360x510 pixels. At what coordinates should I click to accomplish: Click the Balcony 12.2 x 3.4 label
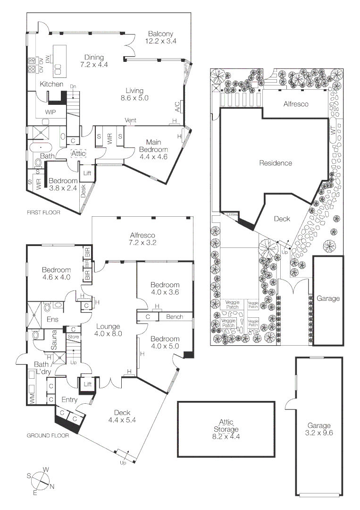(x=160, y=37)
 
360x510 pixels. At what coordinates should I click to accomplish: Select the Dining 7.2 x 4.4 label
(x=94, y=61)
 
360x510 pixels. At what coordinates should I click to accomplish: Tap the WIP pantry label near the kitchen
(x=51, y=112)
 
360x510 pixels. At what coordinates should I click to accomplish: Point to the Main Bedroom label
(x=154, y=150)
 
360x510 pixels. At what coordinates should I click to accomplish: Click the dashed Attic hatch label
(x=78, y=153)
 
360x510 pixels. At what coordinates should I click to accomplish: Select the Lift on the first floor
(x=87, y=173)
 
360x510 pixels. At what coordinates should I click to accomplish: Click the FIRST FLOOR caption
(x=43, y=212)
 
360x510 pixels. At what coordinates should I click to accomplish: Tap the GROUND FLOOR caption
(x=47, y=435)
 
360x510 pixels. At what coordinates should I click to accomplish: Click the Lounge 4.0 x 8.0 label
(x=109, y=330)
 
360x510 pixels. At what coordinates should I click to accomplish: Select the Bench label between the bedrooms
(x=175, y=317)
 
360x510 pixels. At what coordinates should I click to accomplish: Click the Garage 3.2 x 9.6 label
(x=319, y=429)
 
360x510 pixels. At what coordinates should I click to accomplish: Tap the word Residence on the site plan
(x=276, y=163)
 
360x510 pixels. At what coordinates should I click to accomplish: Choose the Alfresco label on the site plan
(x=296, y=104)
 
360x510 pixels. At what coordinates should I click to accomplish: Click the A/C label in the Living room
(x=177, y=107)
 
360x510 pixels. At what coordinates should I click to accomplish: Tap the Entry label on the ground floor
(x=69, y=400)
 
